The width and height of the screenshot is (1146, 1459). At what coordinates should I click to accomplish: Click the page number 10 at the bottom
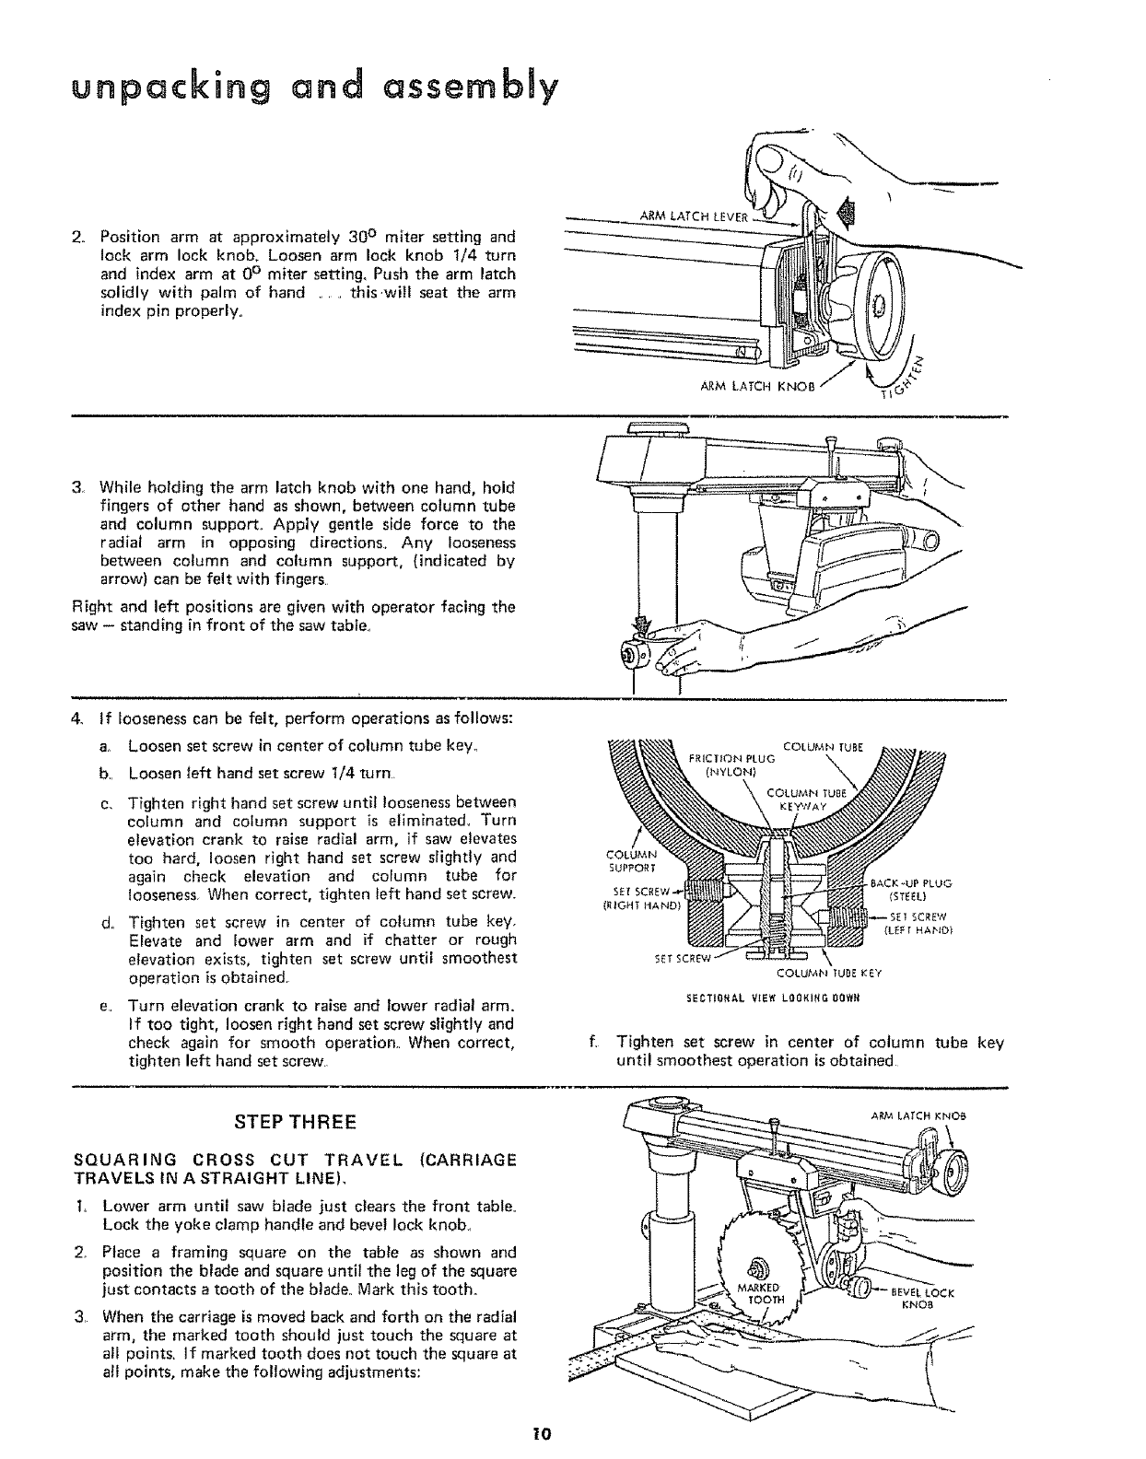coord(539,1433)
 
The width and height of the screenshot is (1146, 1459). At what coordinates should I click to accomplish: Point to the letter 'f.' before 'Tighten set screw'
coord(593,1043)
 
